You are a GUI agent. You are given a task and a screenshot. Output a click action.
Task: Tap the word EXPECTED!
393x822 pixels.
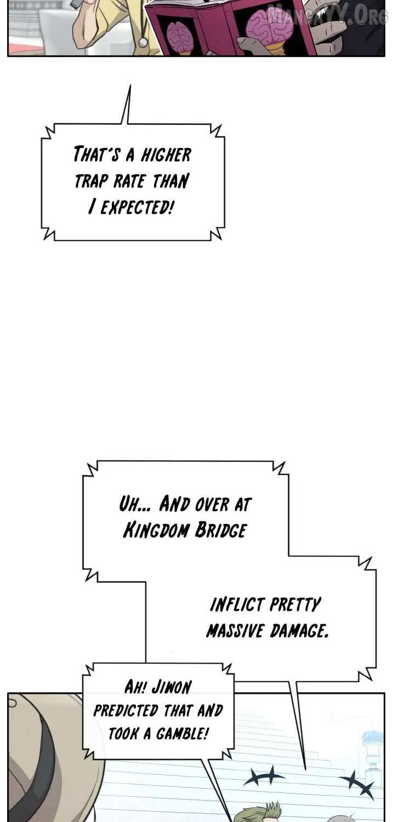pos(136,207)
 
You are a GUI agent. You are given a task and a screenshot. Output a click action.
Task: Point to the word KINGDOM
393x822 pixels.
pos(156,530)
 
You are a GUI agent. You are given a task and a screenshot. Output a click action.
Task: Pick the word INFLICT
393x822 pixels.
pos(237,605)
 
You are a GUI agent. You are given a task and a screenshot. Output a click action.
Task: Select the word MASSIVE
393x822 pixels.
pos(235,631)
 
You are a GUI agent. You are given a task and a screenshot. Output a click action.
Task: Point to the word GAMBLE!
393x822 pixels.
pos(182,734)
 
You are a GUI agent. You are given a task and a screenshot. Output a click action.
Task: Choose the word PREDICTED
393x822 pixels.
pos(126,711)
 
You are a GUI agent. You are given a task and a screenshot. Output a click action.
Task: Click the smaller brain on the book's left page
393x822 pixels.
pos(179,36)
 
